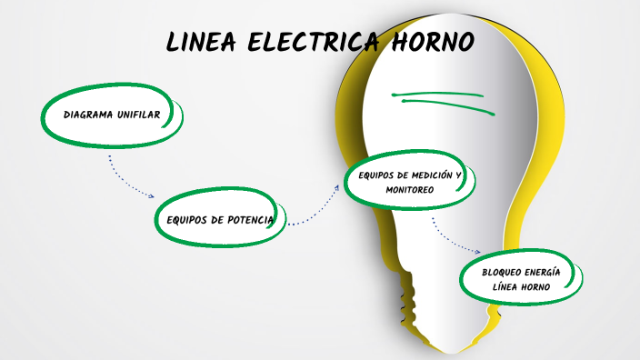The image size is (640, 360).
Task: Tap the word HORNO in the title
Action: (x=432, y=43)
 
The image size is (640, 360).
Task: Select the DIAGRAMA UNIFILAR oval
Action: (x=112, y=115)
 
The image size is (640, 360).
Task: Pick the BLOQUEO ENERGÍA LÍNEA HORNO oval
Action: (x=522, y=279)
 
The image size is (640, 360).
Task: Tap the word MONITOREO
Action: (x=410, y=190)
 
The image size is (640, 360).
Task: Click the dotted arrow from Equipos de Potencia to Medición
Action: (x=315, y=212)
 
